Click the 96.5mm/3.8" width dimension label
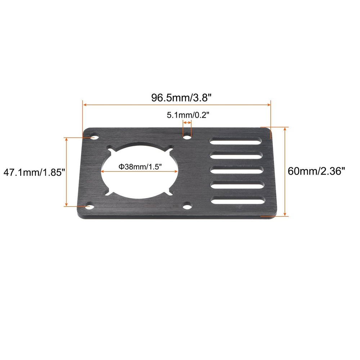tap(176, 98)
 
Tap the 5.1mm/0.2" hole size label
tap(188, 115)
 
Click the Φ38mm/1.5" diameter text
tap(140, 167)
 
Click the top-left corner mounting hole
tap(94, 137)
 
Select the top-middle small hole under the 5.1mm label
tap(187, 137)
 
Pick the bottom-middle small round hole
tap(187, 206)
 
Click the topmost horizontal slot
tap(236, 141)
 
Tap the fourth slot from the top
tap(237, 185)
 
